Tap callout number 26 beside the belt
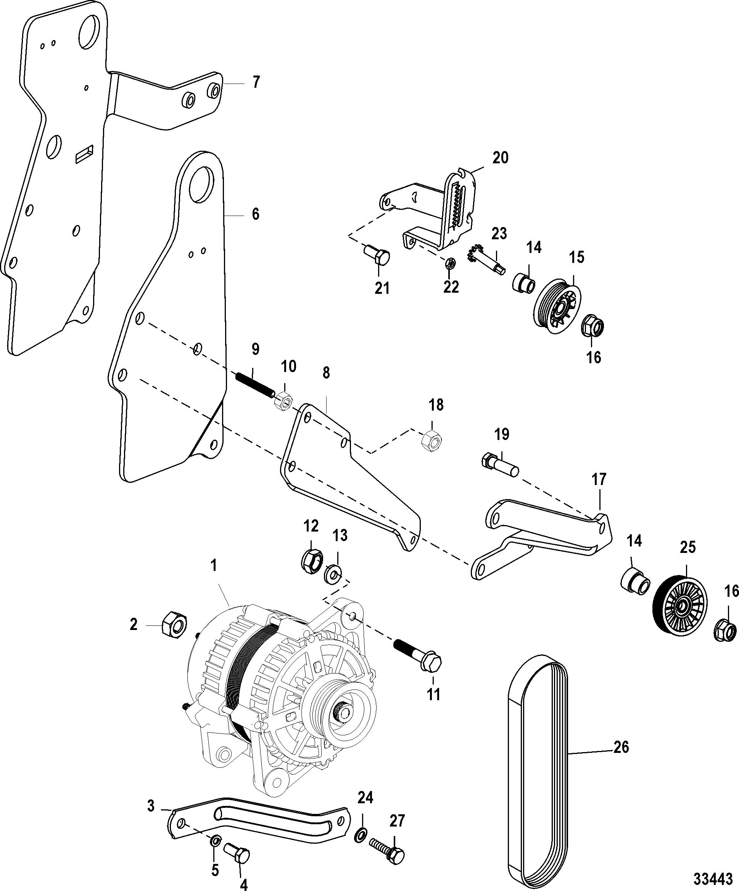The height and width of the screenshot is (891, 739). [x=621, y=746]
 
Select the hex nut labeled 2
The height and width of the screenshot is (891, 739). [x=174, y=625]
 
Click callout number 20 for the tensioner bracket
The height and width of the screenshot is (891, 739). [x=500, y=158]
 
